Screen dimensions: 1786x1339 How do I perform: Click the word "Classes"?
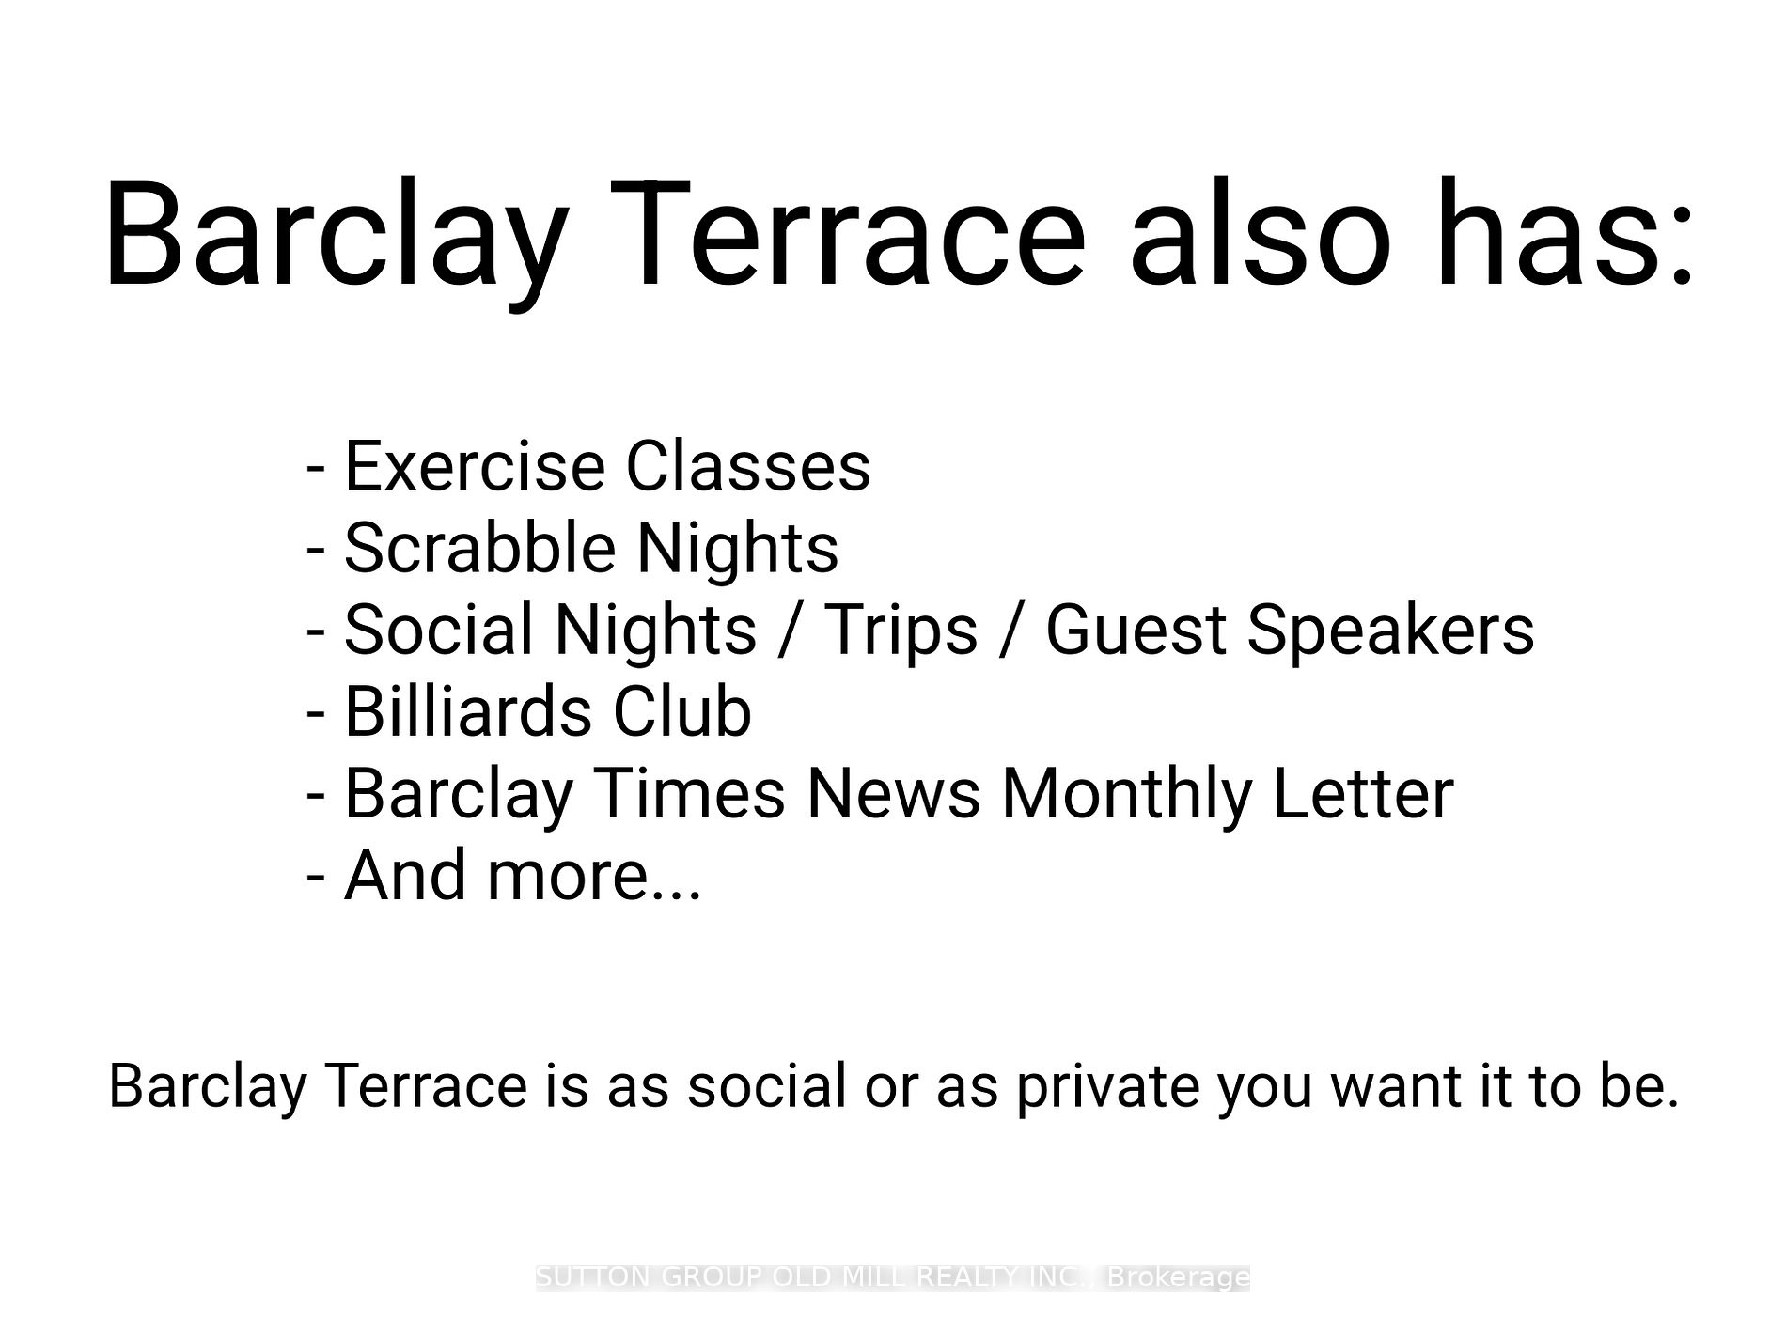tap(748, 466)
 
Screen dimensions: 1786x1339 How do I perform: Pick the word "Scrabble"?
tap(478, 547)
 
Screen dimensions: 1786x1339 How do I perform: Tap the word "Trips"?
tap(901, 631)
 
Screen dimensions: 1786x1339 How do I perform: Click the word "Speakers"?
tap(1390, 631)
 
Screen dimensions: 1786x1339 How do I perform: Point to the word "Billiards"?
tap(468, 710)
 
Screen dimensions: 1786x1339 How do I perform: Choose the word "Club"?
tap(682, 710)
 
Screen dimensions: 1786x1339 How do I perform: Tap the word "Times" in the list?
tap(690, 793)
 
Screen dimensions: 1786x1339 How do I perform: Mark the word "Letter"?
tap(1363, 793)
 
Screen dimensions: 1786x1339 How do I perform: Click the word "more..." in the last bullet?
tap(594, 876)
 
